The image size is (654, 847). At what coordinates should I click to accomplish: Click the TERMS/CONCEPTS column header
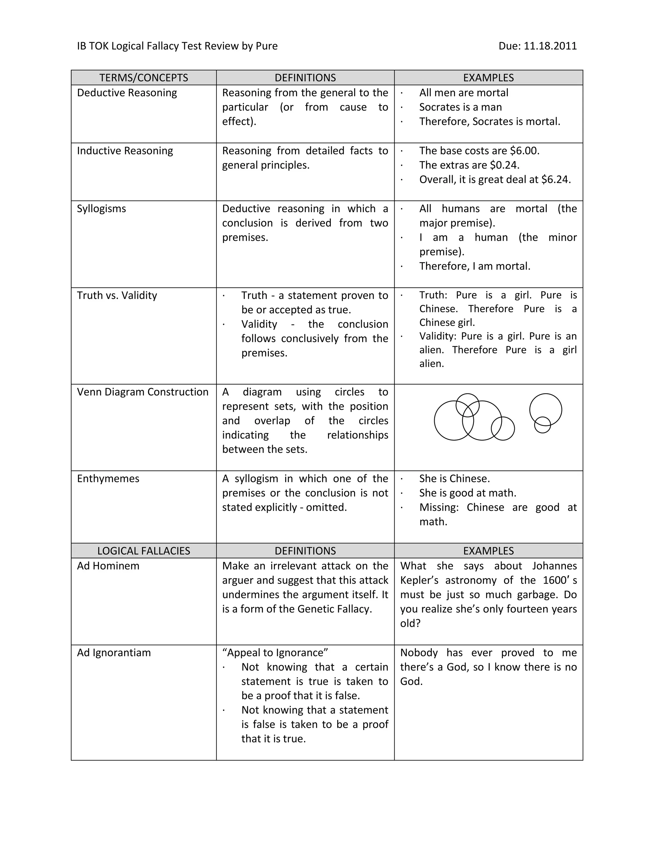pyautogui.click(x=143, y=78)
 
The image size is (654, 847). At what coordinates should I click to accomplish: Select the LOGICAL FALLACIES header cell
pyautogui.click(x=143, y=551)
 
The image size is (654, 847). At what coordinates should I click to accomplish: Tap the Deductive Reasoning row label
pyautogui.click(x=127, y=93)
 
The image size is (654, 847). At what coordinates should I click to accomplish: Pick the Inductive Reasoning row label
pyautogui.click(x=125, y=151)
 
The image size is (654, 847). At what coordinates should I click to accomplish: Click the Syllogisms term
pyautogui.click(x=102, y=209)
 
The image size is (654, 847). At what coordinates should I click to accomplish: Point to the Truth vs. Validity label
pyautogui.click(x=117, y=296)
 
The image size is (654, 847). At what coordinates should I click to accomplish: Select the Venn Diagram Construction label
pyautogui.click(x=142, y=392)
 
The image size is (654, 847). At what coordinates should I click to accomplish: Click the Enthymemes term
pyautogui.click(x=108, y=478)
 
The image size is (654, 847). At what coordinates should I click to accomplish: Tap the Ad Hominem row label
pyautogui.click(x=108, y=566)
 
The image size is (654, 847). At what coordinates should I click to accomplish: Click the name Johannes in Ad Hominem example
pyautogui.click(x=554, y=566)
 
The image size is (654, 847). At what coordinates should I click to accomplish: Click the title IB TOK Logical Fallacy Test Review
pyautogui.click(x=158, y=46)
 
